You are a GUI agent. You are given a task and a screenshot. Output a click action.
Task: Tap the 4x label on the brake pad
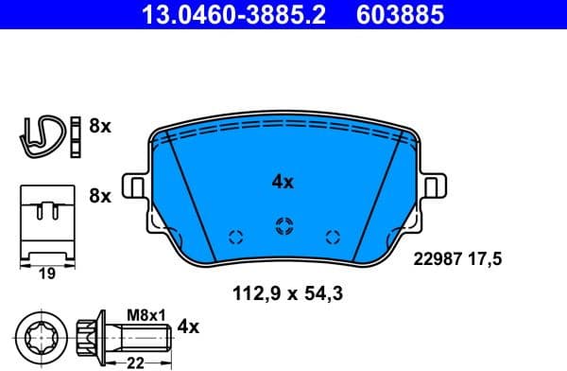[283, 182]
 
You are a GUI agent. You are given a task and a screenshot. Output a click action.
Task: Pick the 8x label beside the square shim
[99, 197]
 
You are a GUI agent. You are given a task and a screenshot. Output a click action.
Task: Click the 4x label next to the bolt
[189, 327]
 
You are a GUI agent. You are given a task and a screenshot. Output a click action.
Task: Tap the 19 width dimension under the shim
[45, 275]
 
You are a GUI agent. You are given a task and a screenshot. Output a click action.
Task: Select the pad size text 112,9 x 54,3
[286, 294]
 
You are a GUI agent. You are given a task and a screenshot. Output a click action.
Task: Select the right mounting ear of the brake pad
[436, 186]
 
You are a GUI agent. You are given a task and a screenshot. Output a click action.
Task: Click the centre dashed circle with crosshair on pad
[283, 225]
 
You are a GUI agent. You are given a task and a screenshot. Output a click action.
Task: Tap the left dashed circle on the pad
[236, 237]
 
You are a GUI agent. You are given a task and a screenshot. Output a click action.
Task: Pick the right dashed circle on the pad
[331, 237]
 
